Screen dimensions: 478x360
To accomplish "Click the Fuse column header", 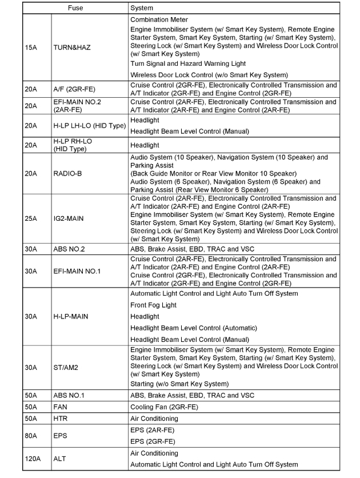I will coord(75,8).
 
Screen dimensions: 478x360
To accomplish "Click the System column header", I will coord(142,8).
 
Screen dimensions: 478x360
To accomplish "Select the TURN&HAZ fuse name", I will coord(71,47).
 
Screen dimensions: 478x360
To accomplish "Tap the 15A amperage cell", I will coord(32,47).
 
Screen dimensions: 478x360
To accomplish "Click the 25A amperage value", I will coord(32,218).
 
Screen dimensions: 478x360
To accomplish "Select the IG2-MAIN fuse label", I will coord(69,218).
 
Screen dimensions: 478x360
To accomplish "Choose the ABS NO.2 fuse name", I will coord(69,249).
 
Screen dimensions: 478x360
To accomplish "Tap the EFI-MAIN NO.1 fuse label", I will coord(77,271).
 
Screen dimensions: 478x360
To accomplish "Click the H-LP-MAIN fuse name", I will coord(71,316).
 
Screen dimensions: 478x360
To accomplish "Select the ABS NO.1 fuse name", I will coord(69,396).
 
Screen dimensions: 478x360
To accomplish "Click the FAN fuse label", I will coord(60,407).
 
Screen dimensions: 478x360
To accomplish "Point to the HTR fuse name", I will coord(61,419).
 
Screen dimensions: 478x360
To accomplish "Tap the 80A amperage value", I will coord(32,436).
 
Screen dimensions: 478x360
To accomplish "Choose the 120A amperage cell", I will coord(33,459).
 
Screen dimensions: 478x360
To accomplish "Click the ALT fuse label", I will coord(60,459).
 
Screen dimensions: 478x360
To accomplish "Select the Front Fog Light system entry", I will coord(153,305).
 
